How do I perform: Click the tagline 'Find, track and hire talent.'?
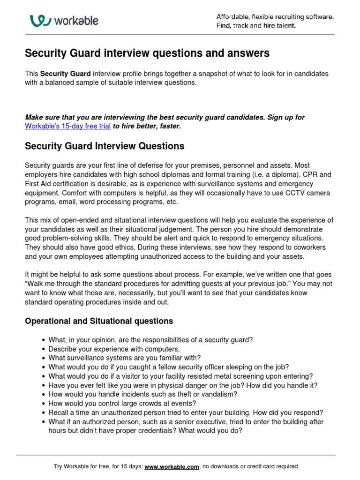(x=256, y=26)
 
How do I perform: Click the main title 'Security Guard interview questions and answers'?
(x=147, y=53)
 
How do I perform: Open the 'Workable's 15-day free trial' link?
(x=67, y=126)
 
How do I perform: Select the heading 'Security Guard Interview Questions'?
(x=104, y=146)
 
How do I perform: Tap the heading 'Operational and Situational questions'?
(x=98, y=321)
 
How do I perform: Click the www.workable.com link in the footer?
(x=172, y=467)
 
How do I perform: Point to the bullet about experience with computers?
(x=114, y=349)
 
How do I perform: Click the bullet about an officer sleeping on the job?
(x=168, y=367)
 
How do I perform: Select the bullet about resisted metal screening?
(x=180, y=376)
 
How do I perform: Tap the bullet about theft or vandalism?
(x=143, y=395)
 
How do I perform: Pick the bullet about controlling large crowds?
(x=122, y=404)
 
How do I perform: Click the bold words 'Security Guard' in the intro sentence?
(x=65, y=74)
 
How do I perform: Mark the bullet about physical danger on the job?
(x=183, y=385)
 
